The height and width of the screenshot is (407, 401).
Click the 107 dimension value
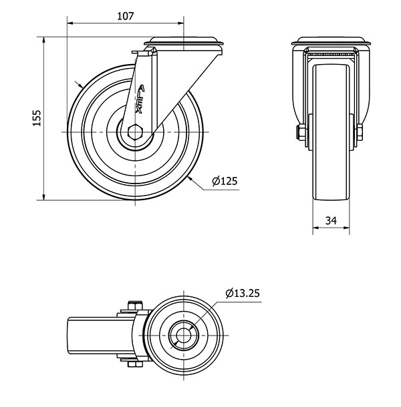[126, 16]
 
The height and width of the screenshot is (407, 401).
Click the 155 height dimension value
[37, 118]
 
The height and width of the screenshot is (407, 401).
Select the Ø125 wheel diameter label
[225, 181]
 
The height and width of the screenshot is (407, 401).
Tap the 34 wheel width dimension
[331, 221]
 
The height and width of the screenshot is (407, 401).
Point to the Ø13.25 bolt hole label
[243, 294]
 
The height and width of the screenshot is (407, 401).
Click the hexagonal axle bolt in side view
[135, 132]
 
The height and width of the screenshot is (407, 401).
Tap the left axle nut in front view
[301, 132]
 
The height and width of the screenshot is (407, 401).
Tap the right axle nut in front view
[360, 132]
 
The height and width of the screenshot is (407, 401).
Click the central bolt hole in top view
[184, 335]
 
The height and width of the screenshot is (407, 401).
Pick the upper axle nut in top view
[135, 306]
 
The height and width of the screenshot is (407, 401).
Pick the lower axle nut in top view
[135, 364]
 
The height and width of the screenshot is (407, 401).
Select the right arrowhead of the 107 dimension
[180, 23]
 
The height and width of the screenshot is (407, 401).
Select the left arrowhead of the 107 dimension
[71, 23]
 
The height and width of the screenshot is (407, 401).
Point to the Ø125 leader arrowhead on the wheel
[190, 178]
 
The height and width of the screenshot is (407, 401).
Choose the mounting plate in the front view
[331, 41]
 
